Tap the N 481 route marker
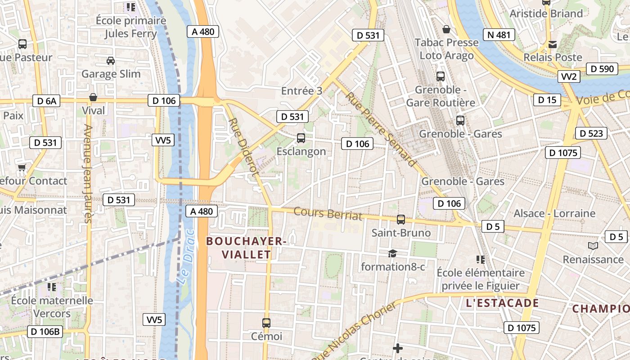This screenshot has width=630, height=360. (499, 35)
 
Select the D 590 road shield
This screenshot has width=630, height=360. (602, 69)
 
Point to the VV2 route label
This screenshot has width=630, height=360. (569, 76)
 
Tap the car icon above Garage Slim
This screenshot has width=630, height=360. (111, 60)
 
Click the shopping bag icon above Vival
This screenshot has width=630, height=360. (93, 97)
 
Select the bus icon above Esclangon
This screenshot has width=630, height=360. (301, 138)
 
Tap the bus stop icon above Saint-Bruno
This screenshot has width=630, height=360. (401, 220)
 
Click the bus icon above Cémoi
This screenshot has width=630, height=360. (266, 323)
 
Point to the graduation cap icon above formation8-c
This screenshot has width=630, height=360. (393, 254)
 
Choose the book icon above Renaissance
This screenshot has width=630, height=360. (593, 246)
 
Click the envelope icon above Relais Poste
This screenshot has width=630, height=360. (553, 44)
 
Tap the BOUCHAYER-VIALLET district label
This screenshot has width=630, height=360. (246, 248)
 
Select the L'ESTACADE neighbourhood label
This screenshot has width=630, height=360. (502, 303)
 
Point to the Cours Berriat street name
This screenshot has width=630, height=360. (328, 213)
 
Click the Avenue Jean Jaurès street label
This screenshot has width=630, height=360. (88, 174)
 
